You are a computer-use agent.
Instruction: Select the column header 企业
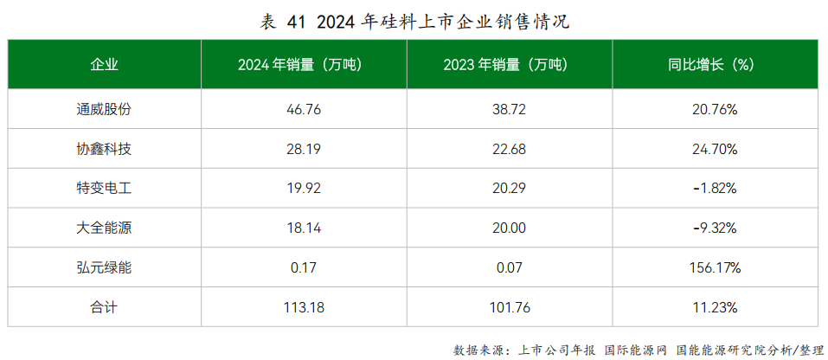(x=104, y=65)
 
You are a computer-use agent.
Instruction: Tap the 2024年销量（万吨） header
(x=303, y=65)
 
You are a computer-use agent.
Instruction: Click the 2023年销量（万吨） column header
(x=509, y=65)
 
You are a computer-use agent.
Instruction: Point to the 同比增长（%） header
(x=714, y=65)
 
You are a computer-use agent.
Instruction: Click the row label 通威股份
(x=104, y=110)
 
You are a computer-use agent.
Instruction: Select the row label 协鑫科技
(x=104, y=150)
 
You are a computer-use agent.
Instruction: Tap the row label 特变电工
(x=104, y=189)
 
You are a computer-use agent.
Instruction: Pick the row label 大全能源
(x=104, y=228)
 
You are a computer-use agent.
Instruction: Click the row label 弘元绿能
(x=104, y=268)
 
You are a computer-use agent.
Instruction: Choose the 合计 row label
(x=104, y=307)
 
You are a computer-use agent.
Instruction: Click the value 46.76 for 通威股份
(x=303, y=110)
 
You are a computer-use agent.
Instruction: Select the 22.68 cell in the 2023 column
(x=509, y=150)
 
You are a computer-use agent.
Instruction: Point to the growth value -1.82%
(x=715, y=189)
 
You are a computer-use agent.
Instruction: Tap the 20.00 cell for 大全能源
(x=509, y=228)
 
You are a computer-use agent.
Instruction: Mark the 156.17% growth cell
(x=715, y=268)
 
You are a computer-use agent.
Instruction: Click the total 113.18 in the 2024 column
(x=303, y=307)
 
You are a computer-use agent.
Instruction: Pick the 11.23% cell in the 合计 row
(x=715, y=307)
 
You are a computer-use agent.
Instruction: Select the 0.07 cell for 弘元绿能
(x=509, y=268)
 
